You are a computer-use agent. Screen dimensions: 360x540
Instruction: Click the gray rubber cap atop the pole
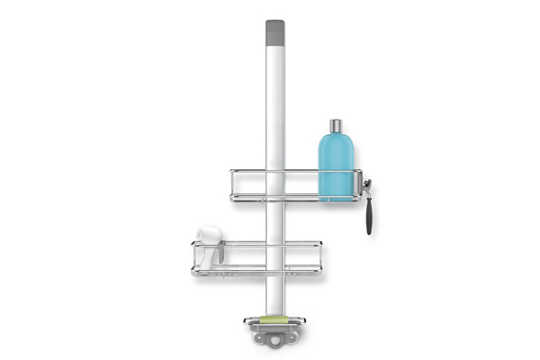274,33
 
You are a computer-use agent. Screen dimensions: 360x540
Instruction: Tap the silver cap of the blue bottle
336,125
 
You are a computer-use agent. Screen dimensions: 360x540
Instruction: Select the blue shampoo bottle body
336,166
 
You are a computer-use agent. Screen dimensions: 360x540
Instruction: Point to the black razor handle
367,216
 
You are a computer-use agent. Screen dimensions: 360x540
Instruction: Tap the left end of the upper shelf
233,184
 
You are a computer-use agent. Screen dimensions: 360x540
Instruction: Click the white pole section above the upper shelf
274,108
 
